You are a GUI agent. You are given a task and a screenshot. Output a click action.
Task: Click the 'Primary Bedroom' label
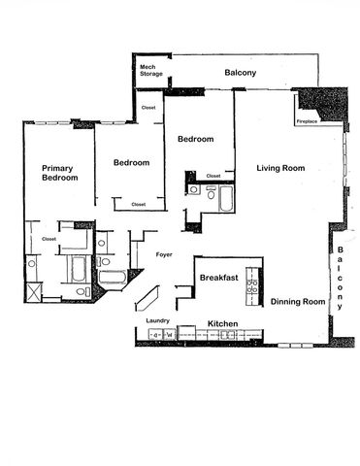59,173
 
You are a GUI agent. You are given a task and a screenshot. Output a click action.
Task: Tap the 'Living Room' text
280,168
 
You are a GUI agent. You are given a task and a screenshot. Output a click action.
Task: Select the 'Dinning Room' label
297,302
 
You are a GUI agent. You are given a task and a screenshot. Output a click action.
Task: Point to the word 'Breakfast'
219,278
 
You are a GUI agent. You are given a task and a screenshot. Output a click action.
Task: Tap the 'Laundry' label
157,320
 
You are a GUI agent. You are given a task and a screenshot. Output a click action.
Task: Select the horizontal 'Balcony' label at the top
240,73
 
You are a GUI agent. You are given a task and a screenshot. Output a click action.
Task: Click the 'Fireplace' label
309,121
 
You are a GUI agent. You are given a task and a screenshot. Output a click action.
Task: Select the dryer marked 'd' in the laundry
153,335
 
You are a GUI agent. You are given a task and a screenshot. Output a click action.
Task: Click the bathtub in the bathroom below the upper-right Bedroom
224,199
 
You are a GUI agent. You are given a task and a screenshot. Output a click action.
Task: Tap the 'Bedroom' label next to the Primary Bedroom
131,162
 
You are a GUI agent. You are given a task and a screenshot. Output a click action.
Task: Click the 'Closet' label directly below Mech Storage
148,108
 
